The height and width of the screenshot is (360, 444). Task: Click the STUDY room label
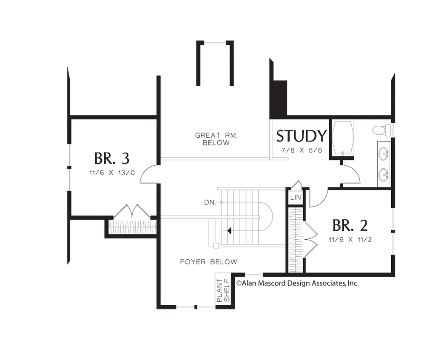coord(301,136)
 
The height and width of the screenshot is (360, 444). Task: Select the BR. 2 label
coord(350,225)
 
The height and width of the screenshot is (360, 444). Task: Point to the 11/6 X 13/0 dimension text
coord(112,173)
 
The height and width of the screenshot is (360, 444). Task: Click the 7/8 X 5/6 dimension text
coord(302,150)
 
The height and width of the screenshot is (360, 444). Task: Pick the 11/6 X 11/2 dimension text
coord(350,240)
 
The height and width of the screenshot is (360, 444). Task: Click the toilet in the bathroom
coord(381,130)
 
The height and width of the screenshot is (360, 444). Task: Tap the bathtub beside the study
coord(343,138)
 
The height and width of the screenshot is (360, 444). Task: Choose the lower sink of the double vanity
coord(384,175)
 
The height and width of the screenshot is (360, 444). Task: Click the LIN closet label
coord(296,197)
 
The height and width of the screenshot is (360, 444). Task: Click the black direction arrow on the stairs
coord(229,231)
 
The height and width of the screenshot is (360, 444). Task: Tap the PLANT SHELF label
coord(223,290)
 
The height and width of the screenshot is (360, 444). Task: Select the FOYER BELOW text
coord(209,262)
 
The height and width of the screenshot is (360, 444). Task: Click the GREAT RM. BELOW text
coord(216,139)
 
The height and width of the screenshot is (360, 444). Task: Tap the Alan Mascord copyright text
coord(298,283)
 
